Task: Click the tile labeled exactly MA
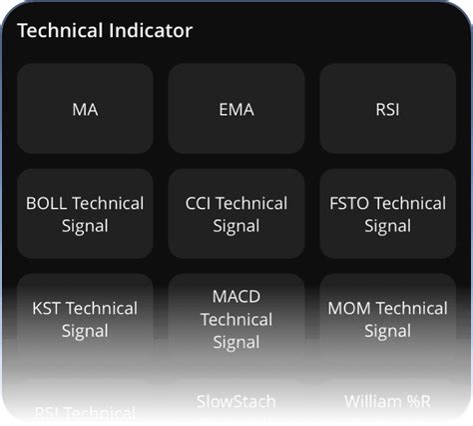click(x=85, y=109)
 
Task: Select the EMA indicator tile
click(x=236, y=109)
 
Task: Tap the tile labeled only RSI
click(x=387, y=109)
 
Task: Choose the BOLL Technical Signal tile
click(x=85, y=214)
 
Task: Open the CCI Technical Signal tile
click(x=236, y=214)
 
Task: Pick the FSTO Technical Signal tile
click(x=387, y=214)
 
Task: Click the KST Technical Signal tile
click(x=85, y=319)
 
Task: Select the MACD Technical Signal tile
click(x=236, y=319)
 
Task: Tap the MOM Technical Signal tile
click(x=387, y=319)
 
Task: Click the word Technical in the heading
click(x=58, y=30)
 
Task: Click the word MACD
click(x=236, y=297)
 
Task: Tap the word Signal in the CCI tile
click(x=236, y=226)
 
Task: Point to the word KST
click(x=47, y=308)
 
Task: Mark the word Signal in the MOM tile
click(x=387, y=331)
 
